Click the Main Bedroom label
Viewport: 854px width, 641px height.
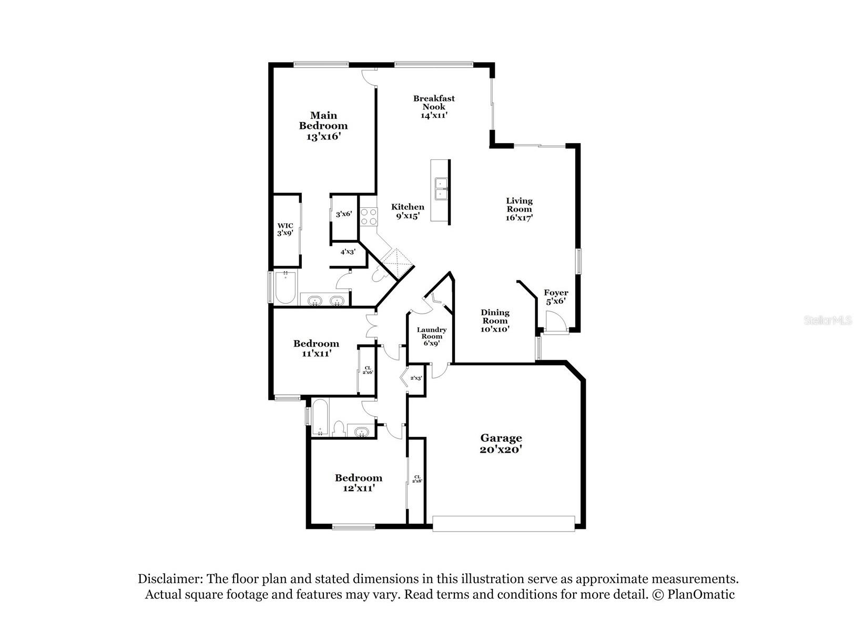point(323,125)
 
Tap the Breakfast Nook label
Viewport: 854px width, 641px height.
point(434,107)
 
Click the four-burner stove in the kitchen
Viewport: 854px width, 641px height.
point(368,217)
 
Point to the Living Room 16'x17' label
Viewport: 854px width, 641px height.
point(519,209)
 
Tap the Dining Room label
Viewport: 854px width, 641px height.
point(495,320)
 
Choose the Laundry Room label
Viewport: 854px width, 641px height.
point(432,336)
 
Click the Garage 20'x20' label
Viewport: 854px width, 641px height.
point(501,444)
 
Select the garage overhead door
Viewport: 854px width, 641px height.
point(503,524)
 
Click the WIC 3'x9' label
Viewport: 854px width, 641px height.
point(285,229)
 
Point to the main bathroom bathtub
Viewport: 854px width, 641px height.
point(285,287)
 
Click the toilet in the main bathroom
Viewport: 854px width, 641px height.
point(378,275)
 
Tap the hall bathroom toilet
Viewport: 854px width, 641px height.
point(339,428)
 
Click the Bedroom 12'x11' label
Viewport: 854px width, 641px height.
point(358,483)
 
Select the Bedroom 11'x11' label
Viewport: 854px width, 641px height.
point(316,348)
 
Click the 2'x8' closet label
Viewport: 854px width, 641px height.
point(417,479)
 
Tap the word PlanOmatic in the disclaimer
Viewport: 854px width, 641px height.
point(701,594)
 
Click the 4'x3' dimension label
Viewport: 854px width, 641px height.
point(348,252)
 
